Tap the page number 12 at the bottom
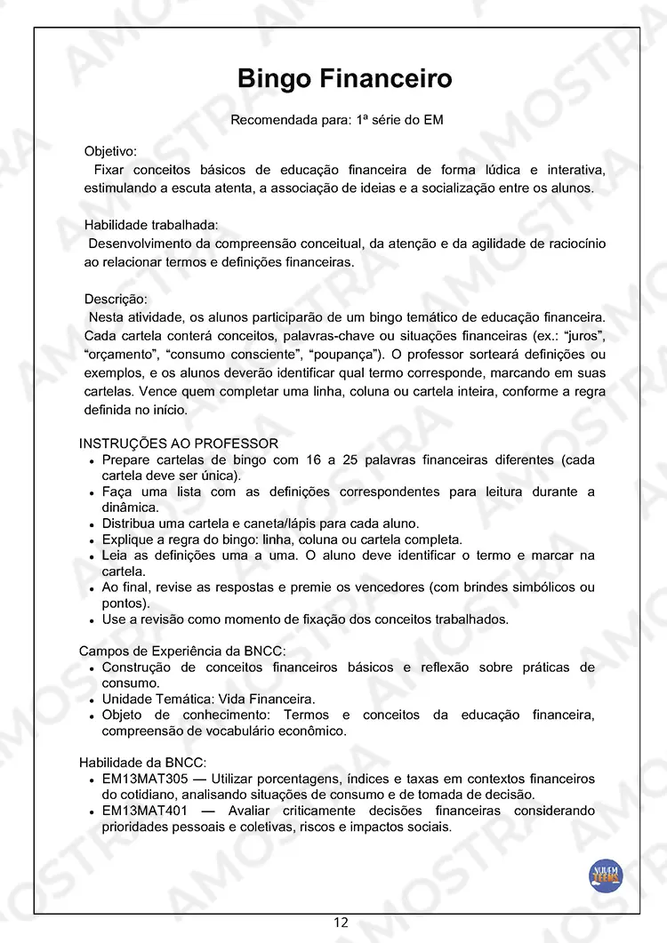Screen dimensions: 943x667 (342, 923)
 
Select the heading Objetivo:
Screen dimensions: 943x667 (110, 152)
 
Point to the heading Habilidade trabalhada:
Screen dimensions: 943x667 (151, 225)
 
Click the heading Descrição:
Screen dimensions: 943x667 (116, 299)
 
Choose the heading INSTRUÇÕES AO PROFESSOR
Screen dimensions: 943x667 (179, 444)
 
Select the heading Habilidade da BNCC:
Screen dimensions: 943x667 (142, 763)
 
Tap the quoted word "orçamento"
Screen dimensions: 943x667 (118, 354)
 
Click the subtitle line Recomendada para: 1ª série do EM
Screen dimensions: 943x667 (337, 120)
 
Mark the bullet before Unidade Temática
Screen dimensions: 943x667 (92, 699)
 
